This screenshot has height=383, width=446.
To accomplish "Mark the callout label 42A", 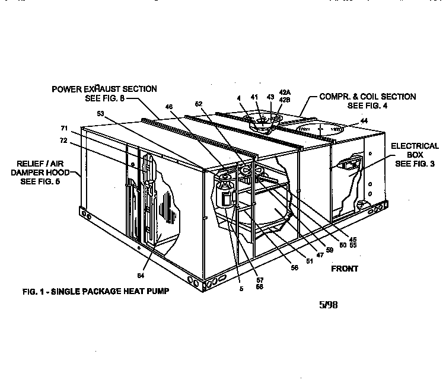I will [285, 92].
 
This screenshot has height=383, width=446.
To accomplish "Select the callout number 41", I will [254, 97].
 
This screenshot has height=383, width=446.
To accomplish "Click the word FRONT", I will [345, 269].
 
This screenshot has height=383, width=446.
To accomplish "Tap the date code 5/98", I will [329, 306].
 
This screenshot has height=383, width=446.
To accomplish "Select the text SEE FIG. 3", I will [416, 163].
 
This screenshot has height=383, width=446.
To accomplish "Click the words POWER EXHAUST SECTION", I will [104, 89].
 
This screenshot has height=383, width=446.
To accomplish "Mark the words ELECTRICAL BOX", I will [415, 150].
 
